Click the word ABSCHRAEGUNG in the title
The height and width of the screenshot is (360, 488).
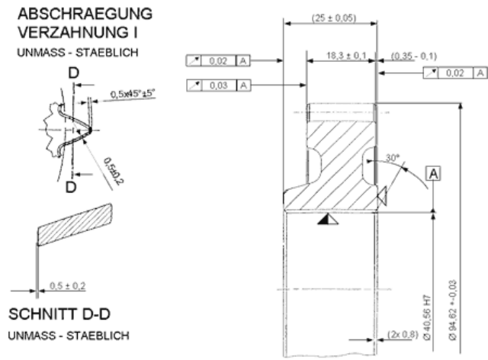click(84, 14)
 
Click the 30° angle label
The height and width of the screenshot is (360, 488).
click(392, 159)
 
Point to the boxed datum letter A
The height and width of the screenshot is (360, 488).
click(432, 172)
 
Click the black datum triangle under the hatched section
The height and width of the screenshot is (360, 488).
click(329, 220)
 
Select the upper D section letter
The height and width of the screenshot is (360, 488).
click(72, 72)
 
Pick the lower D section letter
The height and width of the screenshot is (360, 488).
click(70, 187)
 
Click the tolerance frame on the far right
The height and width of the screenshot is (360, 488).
click(454, 73)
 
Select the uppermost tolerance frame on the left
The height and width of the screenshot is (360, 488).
click(219, 59)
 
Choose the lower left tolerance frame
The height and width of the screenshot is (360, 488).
click(219, 85)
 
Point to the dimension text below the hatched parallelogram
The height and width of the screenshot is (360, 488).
click(68, 287)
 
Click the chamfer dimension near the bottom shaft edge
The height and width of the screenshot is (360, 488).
click(400, 334)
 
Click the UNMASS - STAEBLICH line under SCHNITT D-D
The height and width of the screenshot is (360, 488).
click(68, 336)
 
